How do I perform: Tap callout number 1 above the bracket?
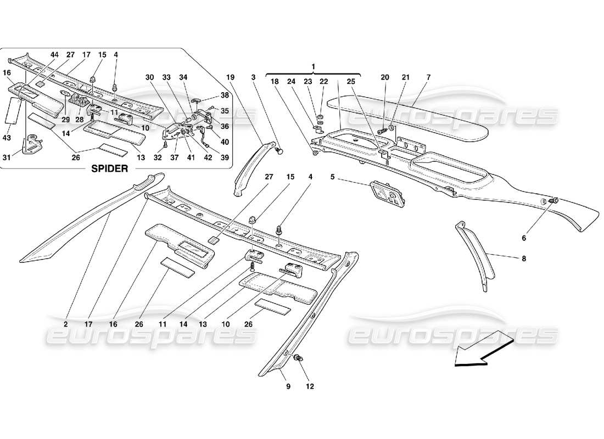tap(313, 66)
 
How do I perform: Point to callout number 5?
tap(332, 177)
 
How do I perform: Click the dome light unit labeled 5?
tap(389, 195)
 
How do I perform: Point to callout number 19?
tap(230, 77)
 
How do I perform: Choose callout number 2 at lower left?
tap(65, 324)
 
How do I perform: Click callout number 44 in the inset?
tap(54, 55)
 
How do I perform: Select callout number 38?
tap(224, 94)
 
